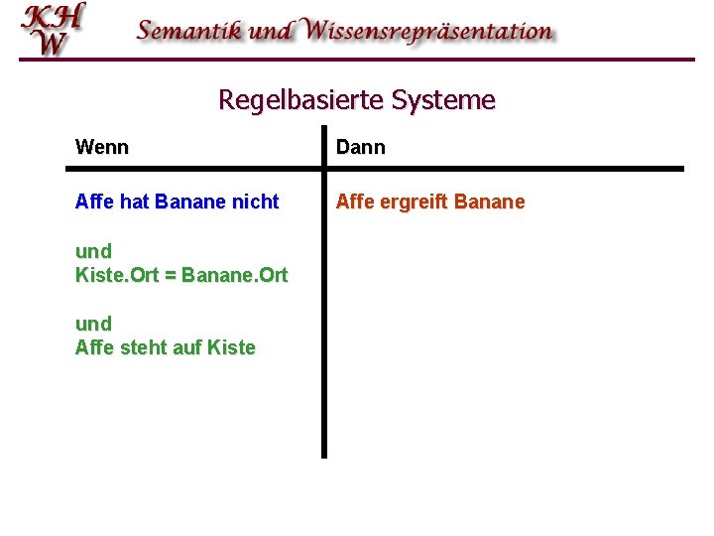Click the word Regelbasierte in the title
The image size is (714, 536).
[x=301, y=100]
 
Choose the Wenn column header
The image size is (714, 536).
[x=102, y=148]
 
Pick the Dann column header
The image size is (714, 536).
[x=361, y=148]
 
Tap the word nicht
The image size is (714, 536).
[x=255, y=202]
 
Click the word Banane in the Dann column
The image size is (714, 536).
[x=492, y=202]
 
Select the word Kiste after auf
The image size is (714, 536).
[x=231, y=348]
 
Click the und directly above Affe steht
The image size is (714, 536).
[x=93, y=324]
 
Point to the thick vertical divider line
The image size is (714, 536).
[x=323, y=318]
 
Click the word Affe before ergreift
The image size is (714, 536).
[x=355, y=202]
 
